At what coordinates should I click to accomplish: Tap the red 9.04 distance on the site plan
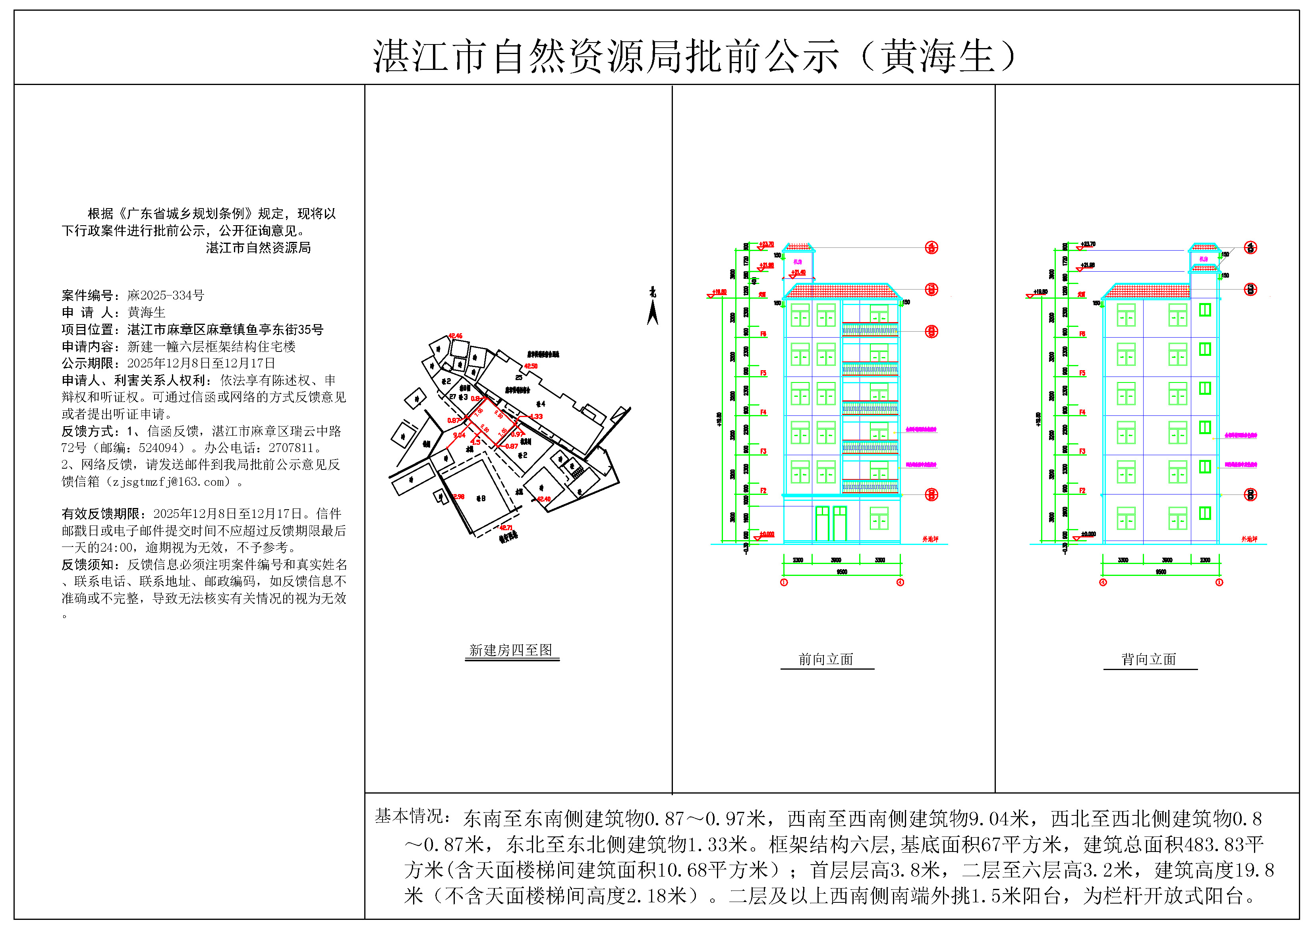pyautogui.click(x=459, y=435)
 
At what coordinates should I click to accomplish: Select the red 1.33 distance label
pyautogui.click(x=536, y=416)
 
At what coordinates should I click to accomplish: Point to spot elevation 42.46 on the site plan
pyautogui.click(x=456, y=336)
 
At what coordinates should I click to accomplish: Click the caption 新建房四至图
pyautogui.click(x=511, y=650)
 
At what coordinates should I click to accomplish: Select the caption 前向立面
pyautogui.click(x=826, y=659)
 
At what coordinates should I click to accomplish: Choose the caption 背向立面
pyautogui.click(x=1149, y=659)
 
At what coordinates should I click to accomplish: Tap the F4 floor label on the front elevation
pyautogui.click(x=763, y=412)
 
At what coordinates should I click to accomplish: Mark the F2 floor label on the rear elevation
pyautogui.click(x=1082, y=491)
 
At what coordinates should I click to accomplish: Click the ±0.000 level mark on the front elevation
pyautogui.click(x=767, y=534)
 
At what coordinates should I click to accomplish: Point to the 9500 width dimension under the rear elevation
pyautogui.click(x=1161, y=572)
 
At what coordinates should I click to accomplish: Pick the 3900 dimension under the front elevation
pyautogui.click(x=836, y=560)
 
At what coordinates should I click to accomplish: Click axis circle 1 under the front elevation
pyautogui.click(x=784, y=582)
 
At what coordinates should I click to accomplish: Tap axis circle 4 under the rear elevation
pyautogui.click(x=1103, y=582)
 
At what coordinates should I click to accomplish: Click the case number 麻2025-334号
pyautogui.click(x=165, y=296)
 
